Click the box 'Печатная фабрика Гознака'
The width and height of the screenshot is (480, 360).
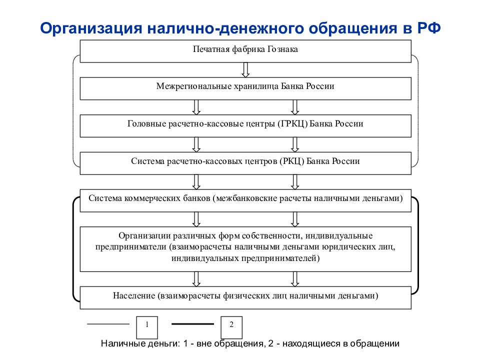(x=245, y=51)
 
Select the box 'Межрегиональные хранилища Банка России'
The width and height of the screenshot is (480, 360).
(x=245, y=88)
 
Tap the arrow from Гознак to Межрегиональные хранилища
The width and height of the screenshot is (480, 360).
(x=245, y=70)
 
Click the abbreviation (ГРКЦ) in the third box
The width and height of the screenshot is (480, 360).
(x=292, y=124)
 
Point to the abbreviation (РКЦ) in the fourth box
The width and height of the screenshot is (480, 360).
(x=291, y=161)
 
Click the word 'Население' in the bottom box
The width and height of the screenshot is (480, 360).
(x=134, y=295)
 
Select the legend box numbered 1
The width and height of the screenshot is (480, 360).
(x=147, y=327)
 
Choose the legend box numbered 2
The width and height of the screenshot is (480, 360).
(x=231, y=327)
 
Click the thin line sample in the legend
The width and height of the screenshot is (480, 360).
(x=108, y=324)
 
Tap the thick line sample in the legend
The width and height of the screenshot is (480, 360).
(x=192, y=324)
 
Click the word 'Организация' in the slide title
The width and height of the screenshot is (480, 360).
(x=91, y=28)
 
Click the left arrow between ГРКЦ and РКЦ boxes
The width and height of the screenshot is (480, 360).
(x=196, y=145)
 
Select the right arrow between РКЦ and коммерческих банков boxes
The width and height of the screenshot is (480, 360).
(x=295, y=182)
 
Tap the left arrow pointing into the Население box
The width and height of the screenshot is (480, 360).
(x=196, y=279)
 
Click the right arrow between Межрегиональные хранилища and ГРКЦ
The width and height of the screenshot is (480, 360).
(x=295, y=107)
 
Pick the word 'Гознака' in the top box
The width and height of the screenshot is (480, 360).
(x=282, y=49)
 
